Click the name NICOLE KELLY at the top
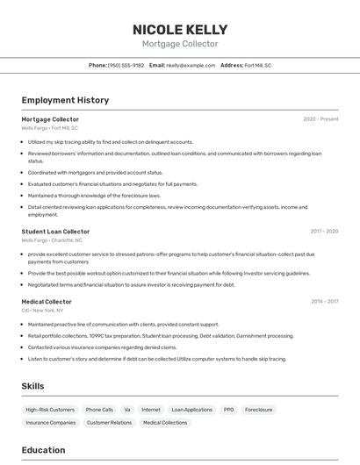click(x=180, y=29)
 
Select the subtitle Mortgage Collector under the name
click(x=180, y=44)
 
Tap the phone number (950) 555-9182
click(x=126, y=65)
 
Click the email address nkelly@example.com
click(x=191, y=65)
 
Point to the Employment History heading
click(x=65, y=100)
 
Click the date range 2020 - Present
click(x=320, y=119)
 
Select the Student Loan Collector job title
click(x=55, y=232)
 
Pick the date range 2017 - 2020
click(x=324, y=232)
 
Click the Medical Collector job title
click(x=47, y=301)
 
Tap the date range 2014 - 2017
click(x=324, y=301)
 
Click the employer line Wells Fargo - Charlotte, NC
click(x=52, y=240)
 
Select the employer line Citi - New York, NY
click(x=42, y=310)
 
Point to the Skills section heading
click(x=32, y=386)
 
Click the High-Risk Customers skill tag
click(x=50, y=410)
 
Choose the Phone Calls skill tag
click(x=99, y=410)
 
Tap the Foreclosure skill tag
click(x=258, y=410)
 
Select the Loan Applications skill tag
click(x=191, y=410)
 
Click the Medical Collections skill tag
click(x=165, y=423)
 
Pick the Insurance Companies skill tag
click(x=50, y=423)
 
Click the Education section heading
click(x=43, y=450)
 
